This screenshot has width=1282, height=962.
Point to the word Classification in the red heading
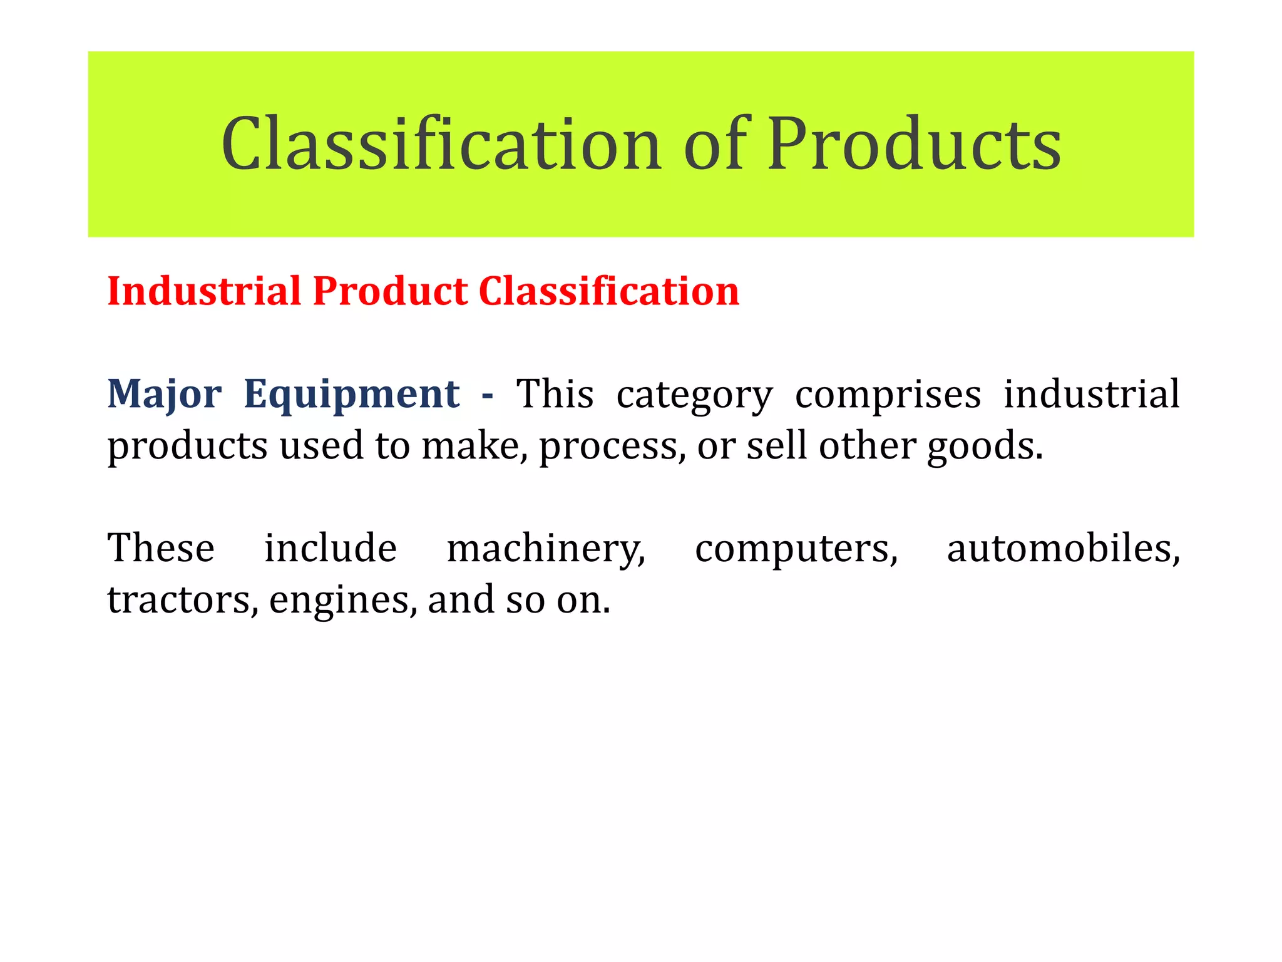pos(608,291)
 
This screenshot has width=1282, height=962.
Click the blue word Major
pos(164,395)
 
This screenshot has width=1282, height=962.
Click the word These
pos(161,548)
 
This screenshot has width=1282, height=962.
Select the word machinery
pos(545,549)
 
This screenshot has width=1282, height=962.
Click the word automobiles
pos(1063,548)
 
